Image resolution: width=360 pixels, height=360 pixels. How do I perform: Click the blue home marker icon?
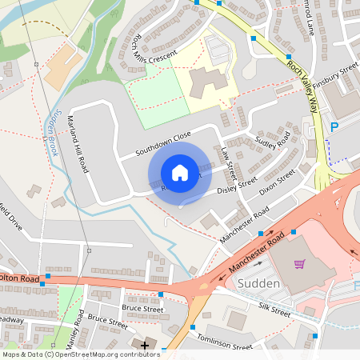(180, 172)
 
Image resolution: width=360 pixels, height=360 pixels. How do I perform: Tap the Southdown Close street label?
(162, 142)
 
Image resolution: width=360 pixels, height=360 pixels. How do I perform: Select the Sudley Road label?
(272, 142)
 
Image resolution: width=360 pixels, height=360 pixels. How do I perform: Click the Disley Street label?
(237, 186)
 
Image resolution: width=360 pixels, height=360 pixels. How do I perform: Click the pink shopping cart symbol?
(300, 264)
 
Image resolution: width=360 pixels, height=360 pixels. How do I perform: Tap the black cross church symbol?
(144, 346)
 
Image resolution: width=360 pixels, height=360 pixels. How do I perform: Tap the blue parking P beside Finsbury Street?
(334, 127)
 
